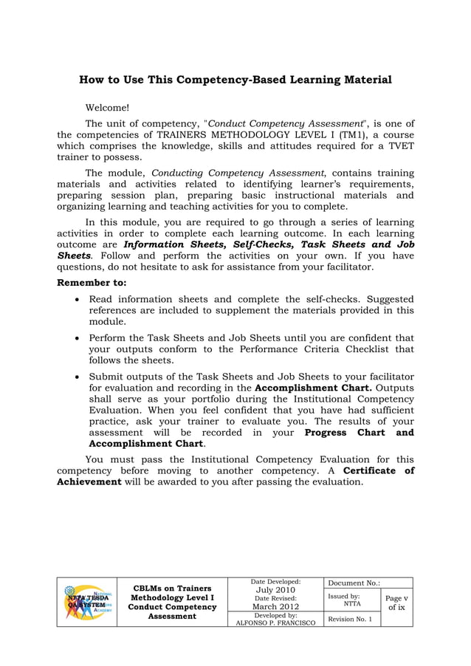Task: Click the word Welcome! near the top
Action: coord(107,108)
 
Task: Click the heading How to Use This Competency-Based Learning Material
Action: coord(235,79)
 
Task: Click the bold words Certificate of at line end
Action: coord(379,470)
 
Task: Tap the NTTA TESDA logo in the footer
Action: coord(87,602)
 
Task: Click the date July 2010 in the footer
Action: coord(275,590)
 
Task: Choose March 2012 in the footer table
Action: coord(275,606)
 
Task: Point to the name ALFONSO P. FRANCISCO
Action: coord(275,623)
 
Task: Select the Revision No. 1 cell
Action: coord(351,619)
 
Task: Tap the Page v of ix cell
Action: coord(396,602)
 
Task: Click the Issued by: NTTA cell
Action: coord(351,600)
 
